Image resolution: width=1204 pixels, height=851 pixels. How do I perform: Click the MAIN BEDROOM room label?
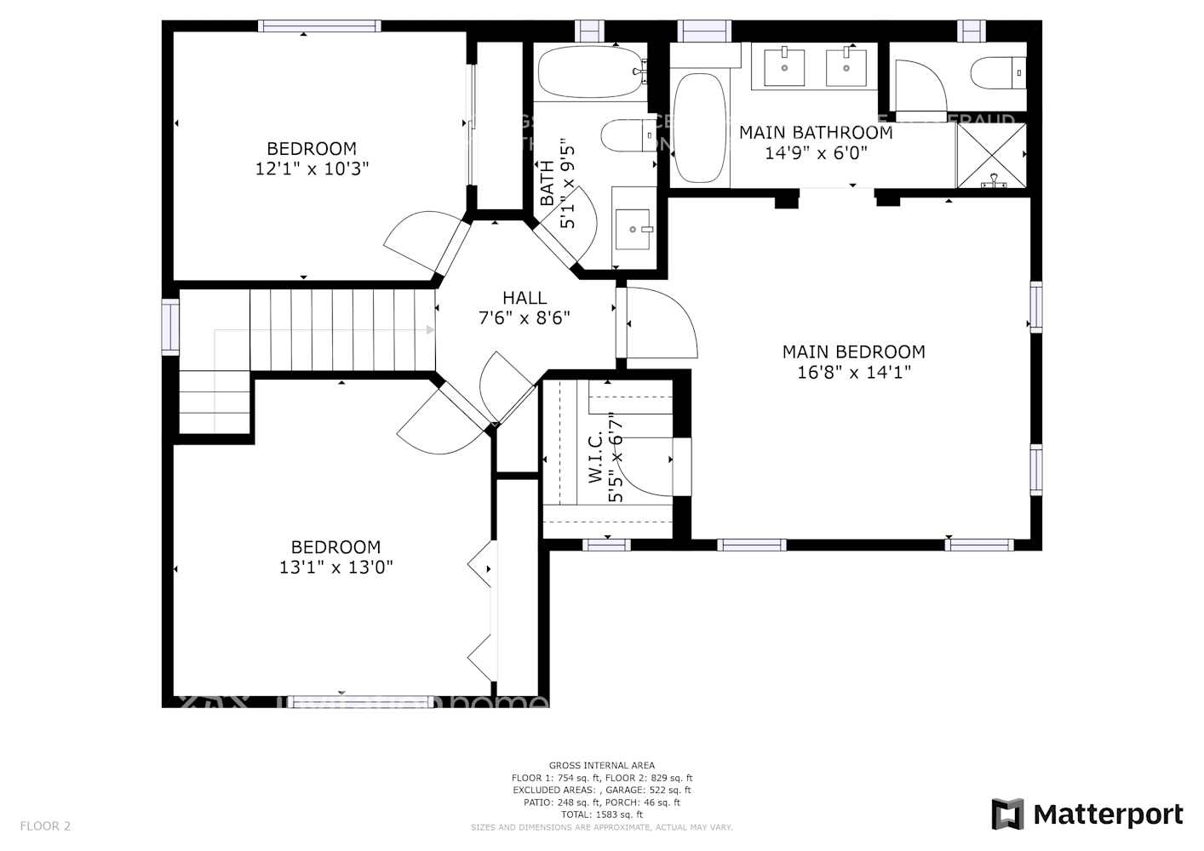pyautogui.click(x=853, y=351)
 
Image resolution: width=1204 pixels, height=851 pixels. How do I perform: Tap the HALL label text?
pyautogui.click(x=525, y=298)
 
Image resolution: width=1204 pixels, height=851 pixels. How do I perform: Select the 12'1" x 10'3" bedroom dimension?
pyautogui.click(x=312, y=169)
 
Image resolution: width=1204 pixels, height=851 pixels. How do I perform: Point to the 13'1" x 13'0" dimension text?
pyautogui.click(x=335, y=568)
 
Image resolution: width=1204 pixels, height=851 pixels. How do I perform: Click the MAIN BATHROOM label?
pyautogui.click(x=816, y=133)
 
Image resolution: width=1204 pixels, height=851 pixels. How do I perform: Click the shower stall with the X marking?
pyautogui.click(x=991, y=155)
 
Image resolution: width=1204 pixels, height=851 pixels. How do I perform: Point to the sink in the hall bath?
pyautogui.click(x=633, y=229)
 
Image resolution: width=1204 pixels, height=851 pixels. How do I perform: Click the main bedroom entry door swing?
pyautogui.click(x=664, y=323)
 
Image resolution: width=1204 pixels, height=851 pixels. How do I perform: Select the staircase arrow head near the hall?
pyautogui.click(x=430, y=330)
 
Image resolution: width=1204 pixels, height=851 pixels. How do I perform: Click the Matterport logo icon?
pyautogui.click(x=1007, y=814)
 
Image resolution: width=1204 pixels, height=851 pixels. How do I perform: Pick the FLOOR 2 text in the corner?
pyautogui.click(x=45, y=825)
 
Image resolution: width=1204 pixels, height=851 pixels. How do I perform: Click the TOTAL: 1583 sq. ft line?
pyautogui.click(x=601, y=814)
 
